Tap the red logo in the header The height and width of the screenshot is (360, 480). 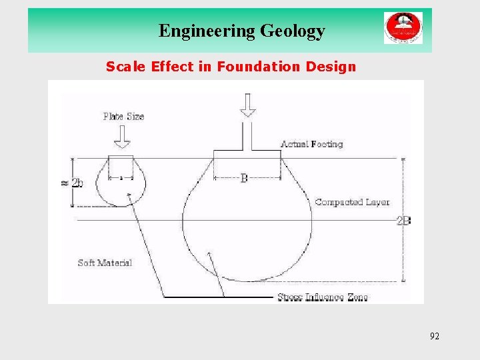pos(403,29)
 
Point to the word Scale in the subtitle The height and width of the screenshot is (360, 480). pos(126,67)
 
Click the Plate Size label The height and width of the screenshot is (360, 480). pos(123,117)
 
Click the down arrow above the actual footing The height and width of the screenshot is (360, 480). pos(247,105)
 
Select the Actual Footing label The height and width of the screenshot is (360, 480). pos(311,144)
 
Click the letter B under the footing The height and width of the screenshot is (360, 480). pos(244,179)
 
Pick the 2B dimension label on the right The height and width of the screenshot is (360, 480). pos(403,221)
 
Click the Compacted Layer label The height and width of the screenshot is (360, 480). pos(352,202)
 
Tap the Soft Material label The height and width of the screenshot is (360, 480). pos(105,263)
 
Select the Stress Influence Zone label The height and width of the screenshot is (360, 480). pos(322,297)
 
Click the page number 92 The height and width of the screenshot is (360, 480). pos(435,336)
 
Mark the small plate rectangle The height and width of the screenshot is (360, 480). pos(121,167)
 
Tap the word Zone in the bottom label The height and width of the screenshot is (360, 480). pos(357,297)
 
